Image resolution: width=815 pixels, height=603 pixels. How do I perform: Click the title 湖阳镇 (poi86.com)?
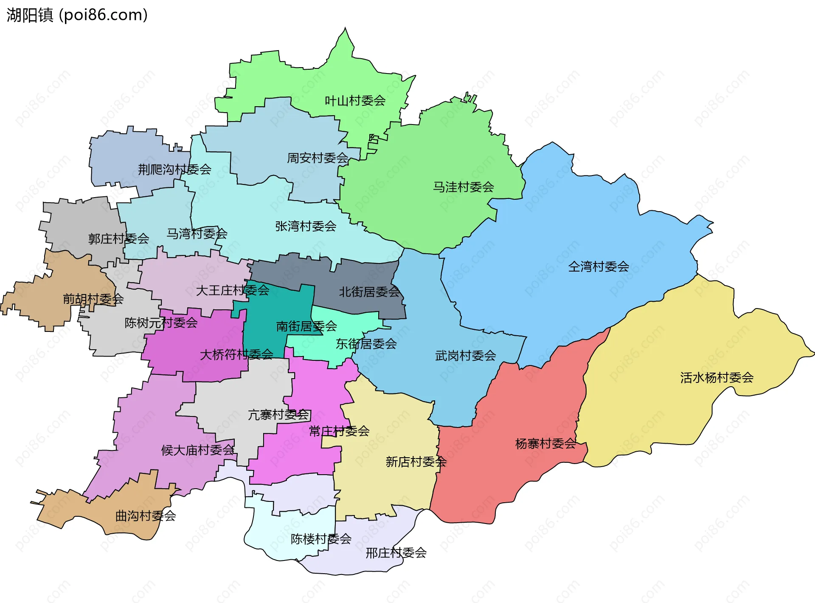tap(77, 15)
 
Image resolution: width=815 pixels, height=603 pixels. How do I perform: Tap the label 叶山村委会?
tap(355, 101)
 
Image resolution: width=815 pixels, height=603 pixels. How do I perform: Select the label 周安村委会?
tap(318, 158)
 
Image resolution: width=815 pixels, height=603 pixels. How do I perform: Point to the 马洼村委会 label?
tap(463, 187)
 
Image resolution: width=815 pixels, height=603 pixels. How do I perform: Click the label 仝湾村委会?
tap(598, 267)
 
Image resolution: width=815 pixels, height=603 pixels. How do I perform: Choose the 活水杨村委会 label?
tap(717, 378)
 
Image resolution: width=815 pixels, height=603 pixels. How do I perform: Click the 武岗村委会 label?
tap(465, 356)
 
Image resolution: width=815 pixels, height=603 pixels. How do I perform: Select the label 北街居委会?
tap(369, 292)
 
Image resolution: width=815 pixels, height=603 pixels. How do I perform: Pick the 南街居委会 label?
tap(306, 326)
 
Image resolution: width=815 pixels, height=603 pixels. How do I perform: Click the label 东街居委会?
tap(366, 344)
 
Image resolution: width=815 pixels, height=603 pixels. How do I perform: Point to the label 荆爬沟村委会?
tap(174, 170)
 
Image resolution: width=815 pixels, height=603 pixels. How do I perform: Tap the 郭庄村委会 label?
tap(118, 239)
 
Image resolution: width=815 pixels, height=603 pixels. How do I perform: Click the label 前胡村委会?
tap(93, 299)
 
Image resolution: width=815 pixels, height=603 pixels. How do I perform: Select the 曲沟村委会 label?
tap(146, 516)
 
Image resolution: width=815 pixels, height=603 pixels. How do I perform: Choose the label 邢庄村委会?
tap(396, 553)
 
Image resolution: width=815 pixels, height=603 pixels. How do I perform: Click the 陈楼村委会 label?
tap(321, 539)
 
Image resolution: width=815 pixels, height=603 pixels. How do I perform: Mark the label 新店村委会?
tap(416, 462)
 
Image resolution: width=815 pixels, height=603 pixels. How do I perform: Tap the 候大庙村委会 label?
tap(198, 450)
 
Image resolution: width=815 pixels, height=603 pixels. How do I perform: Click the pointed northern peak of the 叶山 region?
tap(345, 29)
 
